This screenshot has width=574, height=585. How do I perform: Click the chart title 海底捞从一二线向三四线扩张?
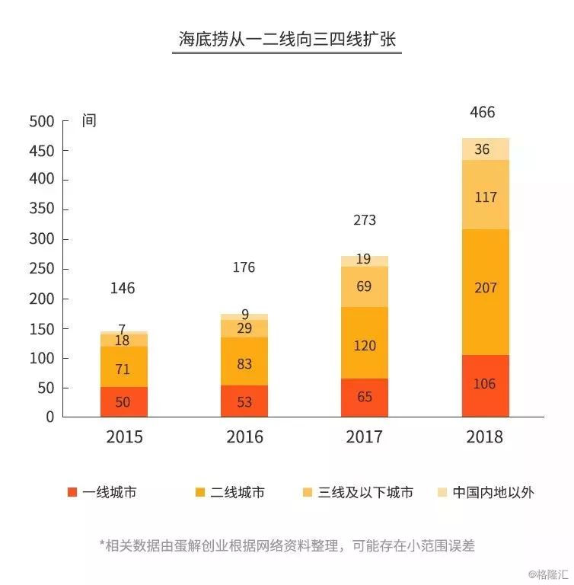tap(287, 40)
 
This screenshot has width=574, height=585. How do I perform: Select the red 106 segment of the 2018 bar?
tap(485, 385)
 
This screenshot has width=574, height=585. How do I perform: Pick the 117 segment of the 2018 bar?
tap(485, 197)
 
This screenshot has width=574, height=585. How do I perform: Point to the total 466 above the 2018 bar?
tap(482, 113)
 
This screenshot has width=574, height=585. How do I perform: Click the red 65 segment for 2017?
tap(365, 397)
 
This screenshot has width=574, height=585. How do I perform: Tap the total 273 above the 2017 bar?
tap(365, 221)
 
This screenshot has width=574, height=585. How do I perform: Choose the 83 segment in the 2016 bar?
tap(244, 364)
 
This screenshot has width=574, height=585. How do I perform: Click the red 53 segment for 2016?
tap(244, 401)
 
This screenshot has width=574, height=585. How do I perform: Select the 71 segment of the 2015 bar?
tap(123, 369)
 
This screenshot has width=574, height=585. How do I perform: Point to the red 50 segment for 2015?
tap(123, 402)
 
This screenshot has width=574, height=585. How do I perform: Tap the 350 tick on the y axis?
tap(42, 209)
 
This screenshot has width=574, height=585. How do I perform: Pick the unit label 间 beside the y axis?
tap(89, 121)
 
